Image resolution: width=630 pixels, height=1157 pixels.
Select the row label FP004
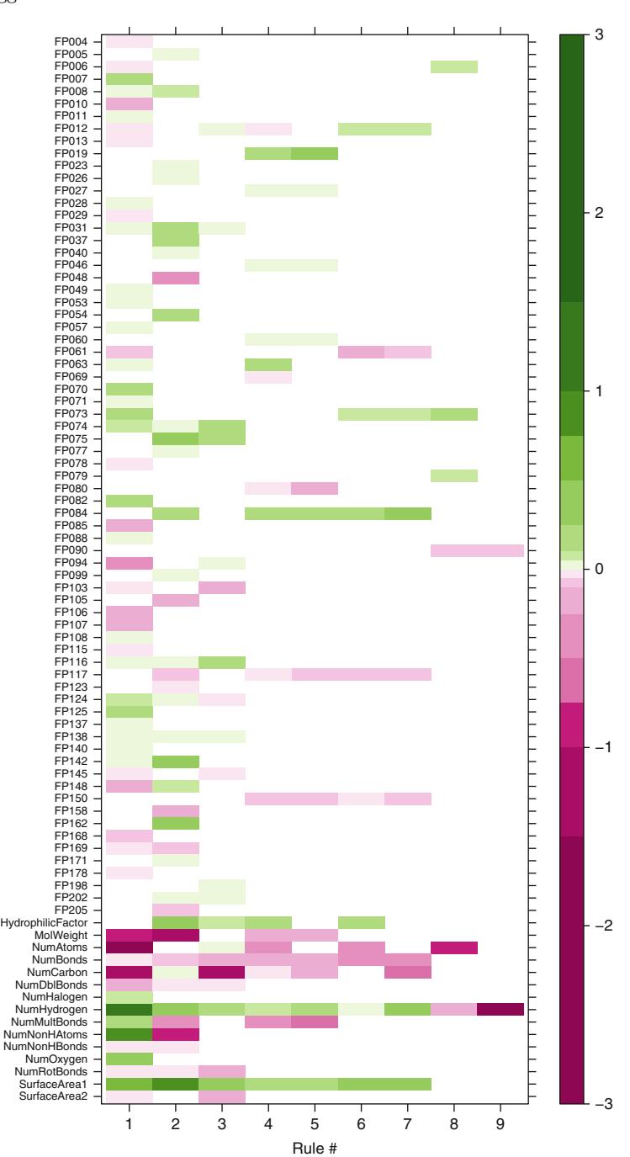coord(77,41)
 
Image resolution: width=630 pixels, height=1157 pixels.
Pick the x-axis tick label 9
coord(500,1128)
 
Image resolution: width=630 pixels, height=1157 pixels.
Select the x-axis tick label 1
coord(130,1128)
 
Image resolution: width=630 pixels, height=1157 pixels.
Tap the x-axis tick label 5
coord(315,1128)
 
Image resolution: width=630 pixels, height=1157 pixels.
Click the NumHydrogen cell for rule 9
coord(500,1009)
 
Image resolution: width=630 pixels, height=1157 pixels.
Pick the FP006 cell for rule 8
coord(454,66)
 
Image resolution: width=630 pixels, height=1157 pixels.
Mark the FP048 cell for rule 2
coord(176,277)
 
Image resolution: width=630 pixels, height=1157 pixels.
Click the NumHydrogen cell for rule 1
coord(130,1009)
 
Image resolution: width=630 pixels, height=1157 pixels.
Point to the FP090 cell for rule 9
coord(500,550)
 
